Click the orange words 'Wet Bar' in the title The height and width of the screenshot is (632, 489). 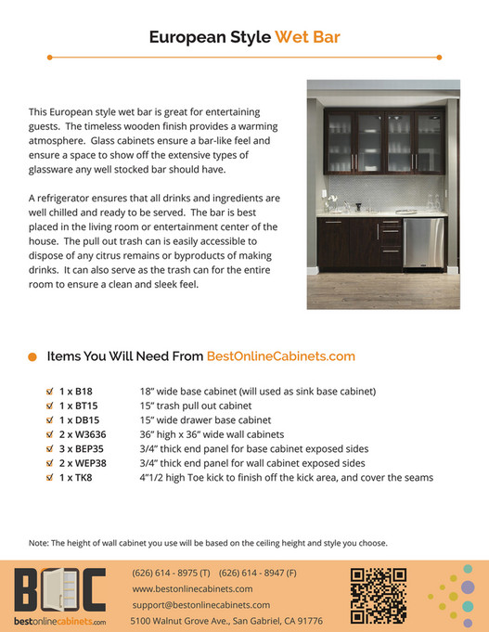coord(306,38)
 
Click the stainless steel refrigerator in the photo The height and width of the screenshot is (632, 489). coord(423,242)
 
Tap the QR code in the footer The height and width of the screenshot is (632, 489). coord(379,595)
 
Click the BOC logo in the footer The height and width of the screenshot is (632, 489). coord(59,590)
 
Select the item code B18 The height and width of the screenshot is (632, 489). coord(82,392)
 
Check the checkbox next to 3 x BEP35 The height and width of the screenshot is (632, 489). coord(50,448)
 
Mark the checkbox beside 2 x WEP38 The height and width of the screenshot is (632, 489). coord(50,463)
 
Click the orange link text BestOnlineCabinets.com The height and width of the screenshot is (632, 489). coord(280,355)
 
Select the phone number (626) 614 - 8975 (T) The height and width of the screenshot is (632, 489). coord(172,573)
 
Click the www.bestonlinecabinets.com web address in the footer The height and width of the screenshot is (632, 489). coord(193,588)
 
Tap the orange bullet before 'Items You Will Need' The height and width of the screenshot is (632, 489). coord(32,356)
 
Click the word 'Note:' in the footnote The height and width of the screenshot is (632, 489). coord(40,543)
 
